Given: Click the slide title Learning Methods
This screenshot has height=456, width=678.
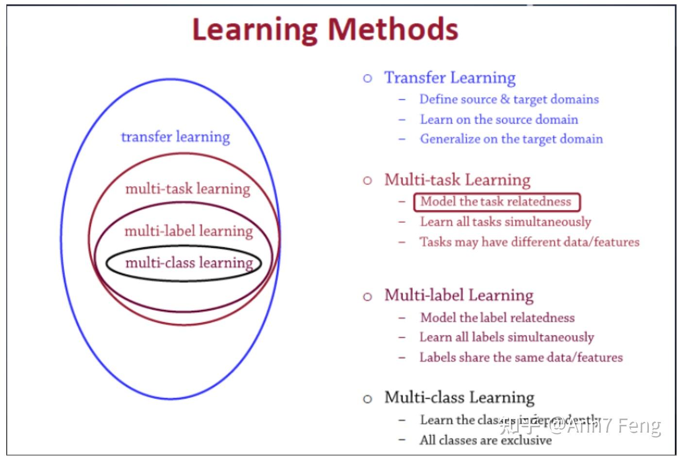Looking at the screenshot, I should [325, 29].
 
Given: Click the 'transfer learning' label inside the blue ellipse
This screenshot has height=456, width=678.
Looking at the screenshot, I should [175, 137].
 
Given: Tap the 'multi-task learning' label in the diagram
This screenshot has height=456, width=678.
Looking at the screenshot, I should [187, 189].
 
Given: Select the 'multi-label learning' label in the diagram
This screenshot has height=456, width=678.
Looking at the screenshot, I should [188, 231].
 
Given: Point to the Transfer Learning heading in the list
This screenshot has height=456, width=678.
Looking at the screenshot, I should [450, 78].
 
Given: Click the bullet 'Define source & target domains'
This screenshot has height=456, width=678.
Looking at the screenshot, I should [509, 99].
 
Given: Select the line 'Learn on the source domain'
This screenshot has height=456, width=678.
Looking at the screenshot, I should [499, 120].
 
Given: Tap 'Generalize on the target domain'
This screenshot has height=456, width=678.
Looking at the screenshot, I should [511, 139].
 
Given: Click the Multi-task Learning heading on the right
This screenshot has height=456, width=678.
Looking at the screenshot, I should [457, 180].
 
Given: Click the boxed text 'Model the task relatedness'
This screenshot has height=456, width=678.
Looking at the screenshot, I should [496, 202].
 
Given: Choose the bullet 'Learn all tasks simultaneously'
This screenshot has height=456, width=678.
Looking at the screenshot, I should [505, 222].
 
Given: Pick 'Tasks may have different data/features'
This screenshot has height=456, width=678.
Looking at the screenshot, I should [529, 242].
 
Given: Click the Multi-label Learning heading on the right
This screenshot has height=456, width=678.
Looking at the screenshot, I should [458, 295].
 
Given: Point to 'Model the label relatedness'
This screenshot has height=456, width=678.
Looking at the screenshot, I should [497, 318].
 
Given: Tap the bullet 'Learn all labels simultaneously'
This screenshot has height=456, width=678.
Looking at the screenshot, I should [507, 337].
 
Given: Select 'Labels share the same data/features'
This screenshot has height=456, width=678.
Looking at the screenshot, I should [521, 358].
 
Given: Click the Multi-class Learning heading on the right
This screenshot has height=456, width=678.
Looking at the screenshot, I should [459, 398].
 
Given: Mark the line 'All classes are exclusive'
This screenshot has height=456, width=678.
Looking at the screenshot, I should [485, 440].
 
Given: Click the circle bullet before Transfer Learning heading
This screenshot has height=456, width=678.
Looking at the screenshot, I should [368, 78].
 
